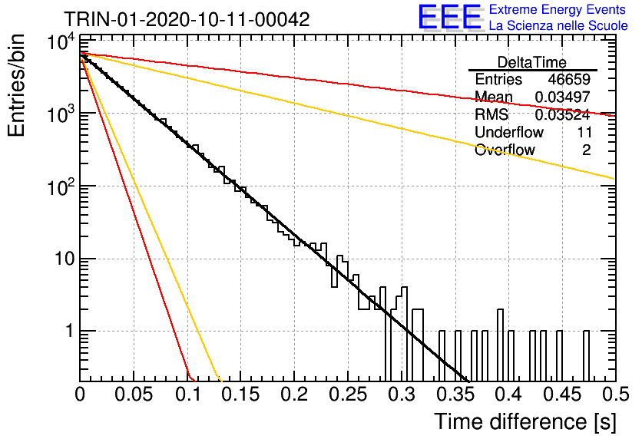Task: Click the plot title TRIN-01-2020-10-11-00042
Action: [x=187, y=19]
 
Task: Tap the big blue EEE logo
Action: [x=450, y=17]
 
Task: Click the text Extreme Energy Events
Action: [x=558, y=9]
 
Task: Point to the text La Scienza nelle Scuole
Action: [x=558, y=26]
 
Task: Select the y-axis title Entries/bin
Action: [x=16, y=85]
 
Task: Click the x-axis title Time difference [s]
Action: [x=525, y=422]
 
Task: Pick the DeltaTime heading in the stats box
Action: [x=532, y=62]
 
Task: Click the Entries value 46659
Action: [x=569, y=79]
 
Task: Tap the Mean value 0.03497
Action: [x=563, y=97]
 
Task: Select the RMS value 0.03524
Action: [x=563, y=114]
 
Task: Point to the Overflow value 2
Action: [x=586, y=150]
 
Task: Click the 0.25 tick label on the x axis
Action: [x=348, y=394]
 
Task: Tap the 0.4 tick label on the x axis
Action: [x=508, y=394]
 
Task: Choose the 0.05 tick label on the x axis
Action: [x=134, y=394]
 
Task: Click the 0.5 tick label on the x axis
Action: [x=616, y=394]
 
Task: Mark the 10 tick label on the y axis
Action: [x=65, y=259]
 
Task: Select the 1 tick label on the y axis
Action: [x=71, y=331]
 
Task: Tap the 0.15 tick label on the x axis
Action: [x=241, y=394]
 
